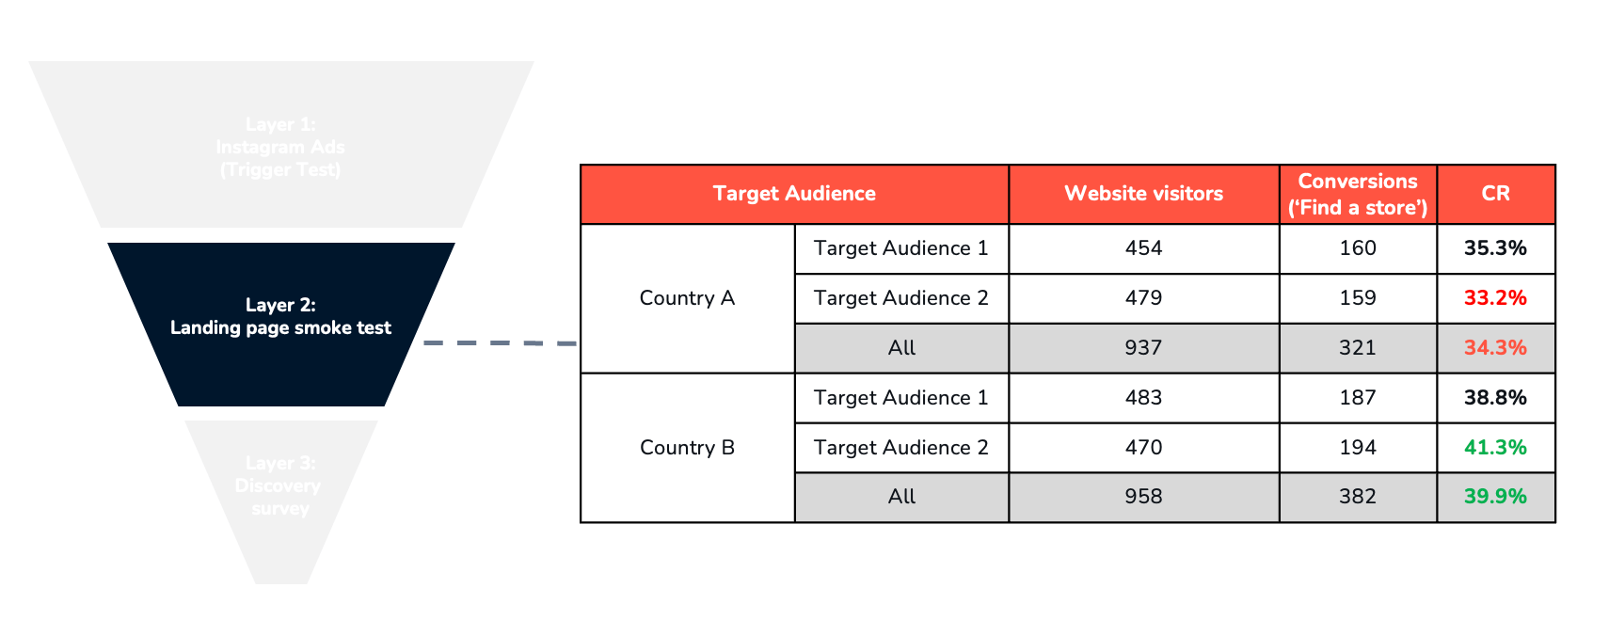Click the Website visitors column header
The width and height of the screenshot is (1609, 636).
pyautogui.click(x=1143, y=194)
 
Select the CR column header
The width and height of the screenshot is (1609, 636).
pyautogui.click(x=1495, y=194)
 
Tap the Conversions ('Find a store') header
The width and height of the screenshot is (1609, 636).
pyautogui.click(x=1357, y=194)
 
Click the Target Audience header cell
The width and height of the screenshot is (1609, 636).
pyautogui.click(x=794, y=194)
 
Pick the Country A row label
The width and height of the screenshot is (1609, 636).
pyautogui.click(x=687, y=298)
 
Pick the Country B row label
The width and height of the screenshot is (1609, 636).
pyautogui.click(x=687, y=448)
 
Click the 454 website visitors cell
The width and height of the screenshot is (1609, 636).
pyautogui.click(x=1143, y=248)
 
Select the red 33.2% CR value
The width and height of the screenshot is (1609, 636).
pyautogui.click(x=1495, y=298)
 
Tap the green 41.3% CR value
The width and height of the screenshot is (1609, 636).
pyautogui.click(x=1495, y=448)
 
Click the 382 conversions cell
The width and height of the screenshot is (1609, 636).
pyautogui.click(x=1357, y=497)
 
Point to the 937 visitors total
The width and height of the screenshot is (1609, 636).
pyautogui.click(x=1143, y=348)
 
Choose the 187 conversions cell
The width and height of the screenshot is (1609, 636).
pyautogui.click(x=1357, y=398)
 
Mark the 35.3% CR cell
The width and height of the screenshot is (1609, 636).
pyautogui.click(x=1495, y=248)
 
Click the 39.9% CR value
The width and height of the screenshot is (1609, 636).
pyautogui.click(x=1495, y=497)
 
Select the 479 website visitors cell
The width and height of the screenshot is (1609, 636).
pyautogui.click(x=1143, y=298)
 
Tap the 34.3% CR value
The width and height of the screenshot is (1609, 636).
pyautogui.click(x=1495, y=348)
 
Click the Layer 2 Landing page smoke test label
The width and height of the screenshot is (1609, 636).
pyautogui.click(x=280, y=317)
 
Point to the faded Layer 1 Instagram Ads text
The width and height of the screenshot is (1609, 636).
pyautogui.click(x=280, y=148)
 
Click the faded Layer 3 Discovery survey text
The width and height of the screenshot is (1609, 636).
pyautogui.click(x=279, y=485)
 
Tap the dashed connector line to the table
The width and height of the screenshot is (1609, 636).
pyautogui.click(x=499, y=343)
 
